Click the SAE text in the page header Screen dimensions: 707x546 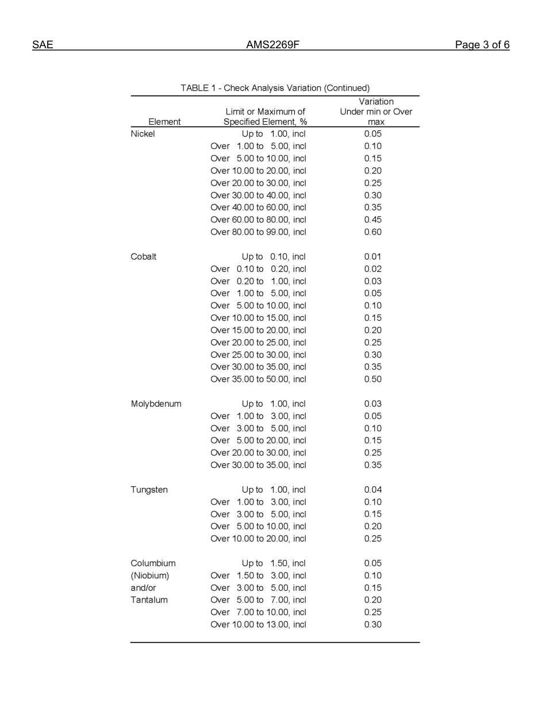pos(43,45)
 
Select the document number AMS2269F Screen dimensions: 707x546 pos(273,45)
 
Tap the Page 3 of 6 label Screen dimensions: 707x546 pos(482,45)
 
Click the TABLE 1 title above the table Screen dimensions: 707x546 pos(275,88)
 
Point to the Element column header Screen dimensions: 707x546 pos(164,122)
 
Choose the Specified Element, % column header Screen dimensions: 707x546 pos(265,122)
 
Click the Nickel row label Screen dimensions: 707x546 pos(143,134)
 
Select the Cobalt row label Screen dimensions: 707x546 pos(143,257)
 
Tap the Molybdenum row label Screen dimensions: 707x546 pos(156,404)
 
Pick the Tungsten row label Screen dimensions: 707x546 pos(149,490)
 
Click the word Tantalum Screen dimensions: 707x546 pos(149,600)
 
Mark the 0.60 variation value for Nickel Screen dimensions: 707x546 pos(372,232)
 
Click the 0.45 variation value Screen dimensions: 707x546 pos(372,220)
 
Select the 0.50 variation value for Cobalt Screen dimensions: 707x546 pos(372,379)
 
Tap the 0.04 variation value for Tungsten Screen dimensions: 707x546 pos(372,490)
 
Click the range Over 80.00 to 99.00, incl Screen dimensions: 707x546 pos(258,232)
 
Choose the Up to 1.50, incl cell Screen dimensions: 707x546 pos(274,563)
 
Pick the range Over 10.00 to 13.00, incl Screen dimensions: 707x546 pos(258,625)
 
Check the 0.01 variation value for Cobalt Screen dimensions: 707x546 pos(372,257)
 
